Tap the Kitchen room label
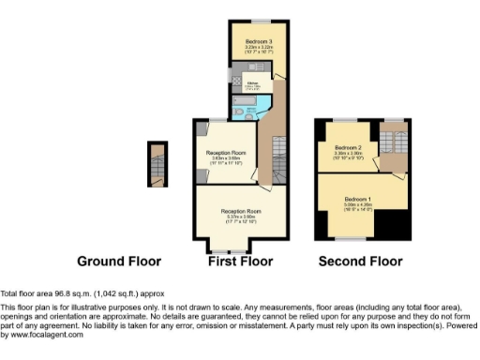252,82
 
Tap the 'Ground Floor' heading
119,262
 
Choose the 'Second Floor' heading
361,262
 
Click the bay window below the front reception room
231,251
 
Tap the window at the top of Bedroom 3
256,21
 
